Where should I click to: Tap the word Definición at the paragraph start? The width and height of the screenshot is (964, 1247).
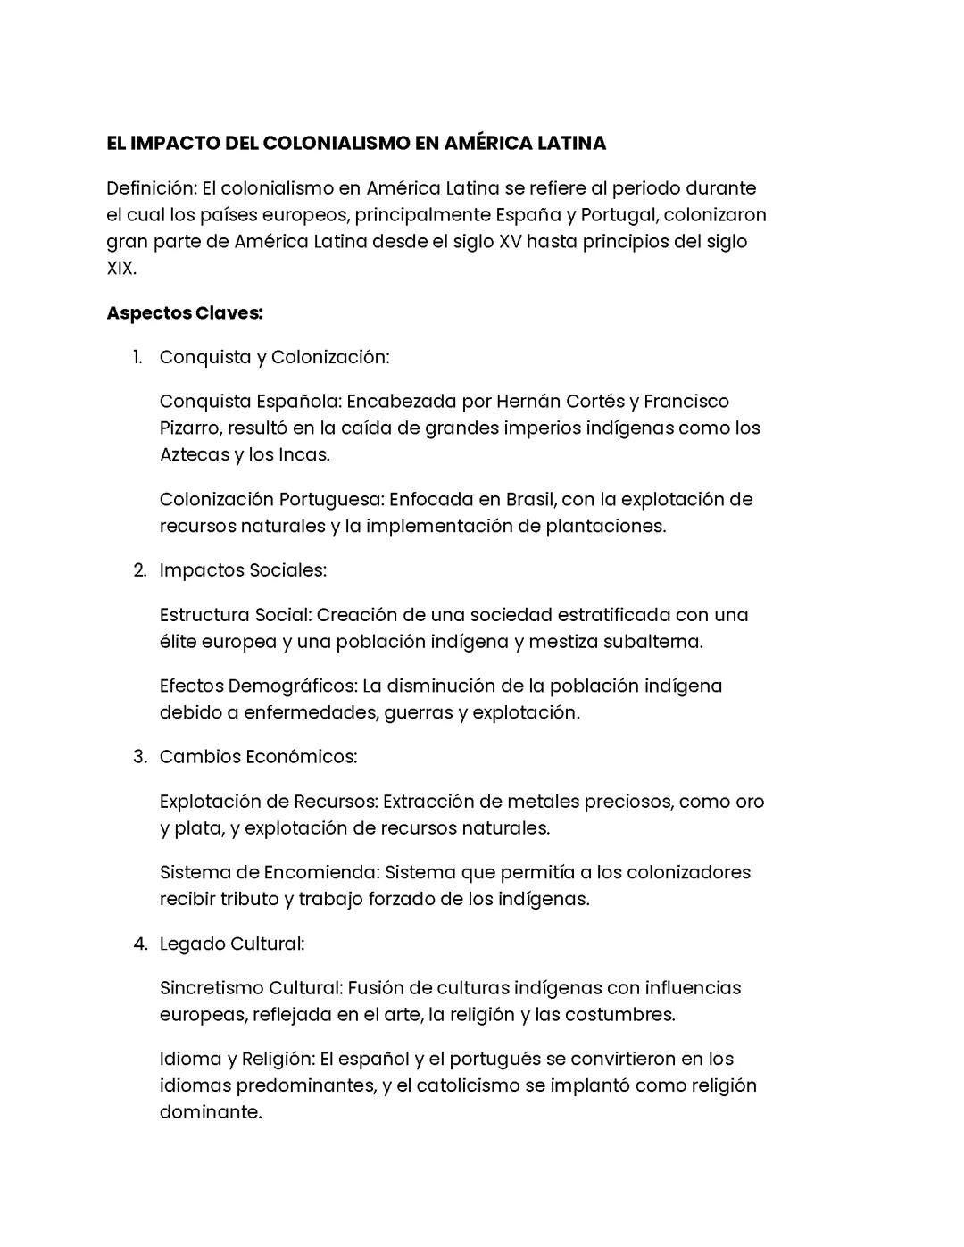click(150, 188)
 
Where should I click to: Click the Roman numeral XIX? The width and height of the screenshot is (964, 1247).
click(120, 268)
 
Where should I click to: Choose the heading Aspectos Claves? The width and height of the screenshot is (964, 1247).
click(185, 313)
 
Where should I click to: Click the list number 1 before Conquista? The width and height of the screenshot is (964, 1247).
click(137, 357)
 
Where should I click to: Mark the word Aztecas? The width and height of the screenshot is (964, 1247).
click(194, 454)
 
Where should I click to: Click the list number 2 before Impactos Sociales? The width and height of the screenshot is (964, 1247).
click(139, 570)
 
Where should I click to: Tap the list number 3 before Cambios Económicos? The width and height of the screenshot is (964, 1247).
click(139, 757)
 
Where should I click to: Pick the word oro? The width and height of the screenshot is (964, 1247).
click(750, 802)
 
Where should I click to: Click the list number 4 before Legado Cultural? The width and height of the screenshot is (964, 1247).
click(139, 944)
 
